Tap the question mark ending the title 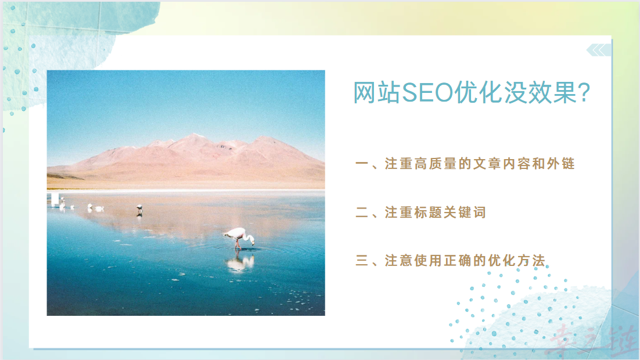(x=585, y=93)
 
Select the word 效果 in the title (x=544, y=93)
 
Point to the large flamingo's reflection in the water (x=239, y=262)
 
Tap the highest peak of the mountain (x=193, y=135)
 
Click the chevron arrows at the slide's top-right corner (x=598, y=50)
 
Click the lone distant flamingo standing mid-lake (x=139, y=208)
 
